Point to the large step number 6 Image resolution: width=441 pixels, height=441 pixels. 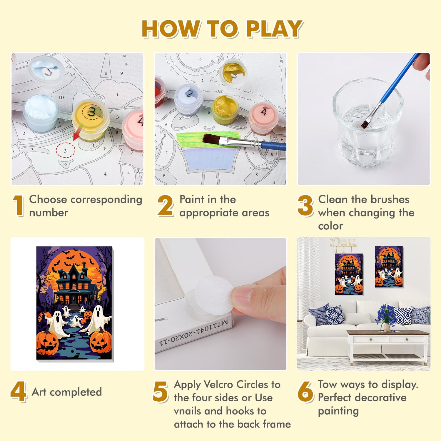tap(305, 391)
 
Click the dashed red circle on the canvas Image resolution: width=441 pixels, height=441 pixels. tap(65, 150)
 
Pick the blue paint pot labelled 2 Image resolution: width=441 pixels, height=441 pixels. tap(188, 98)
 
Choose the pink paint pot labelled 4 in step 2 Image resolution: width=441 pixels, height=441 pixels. tap(263, 118)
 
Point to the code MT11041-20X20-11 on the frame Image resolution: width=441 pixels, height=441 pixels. tap(194, 333)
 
